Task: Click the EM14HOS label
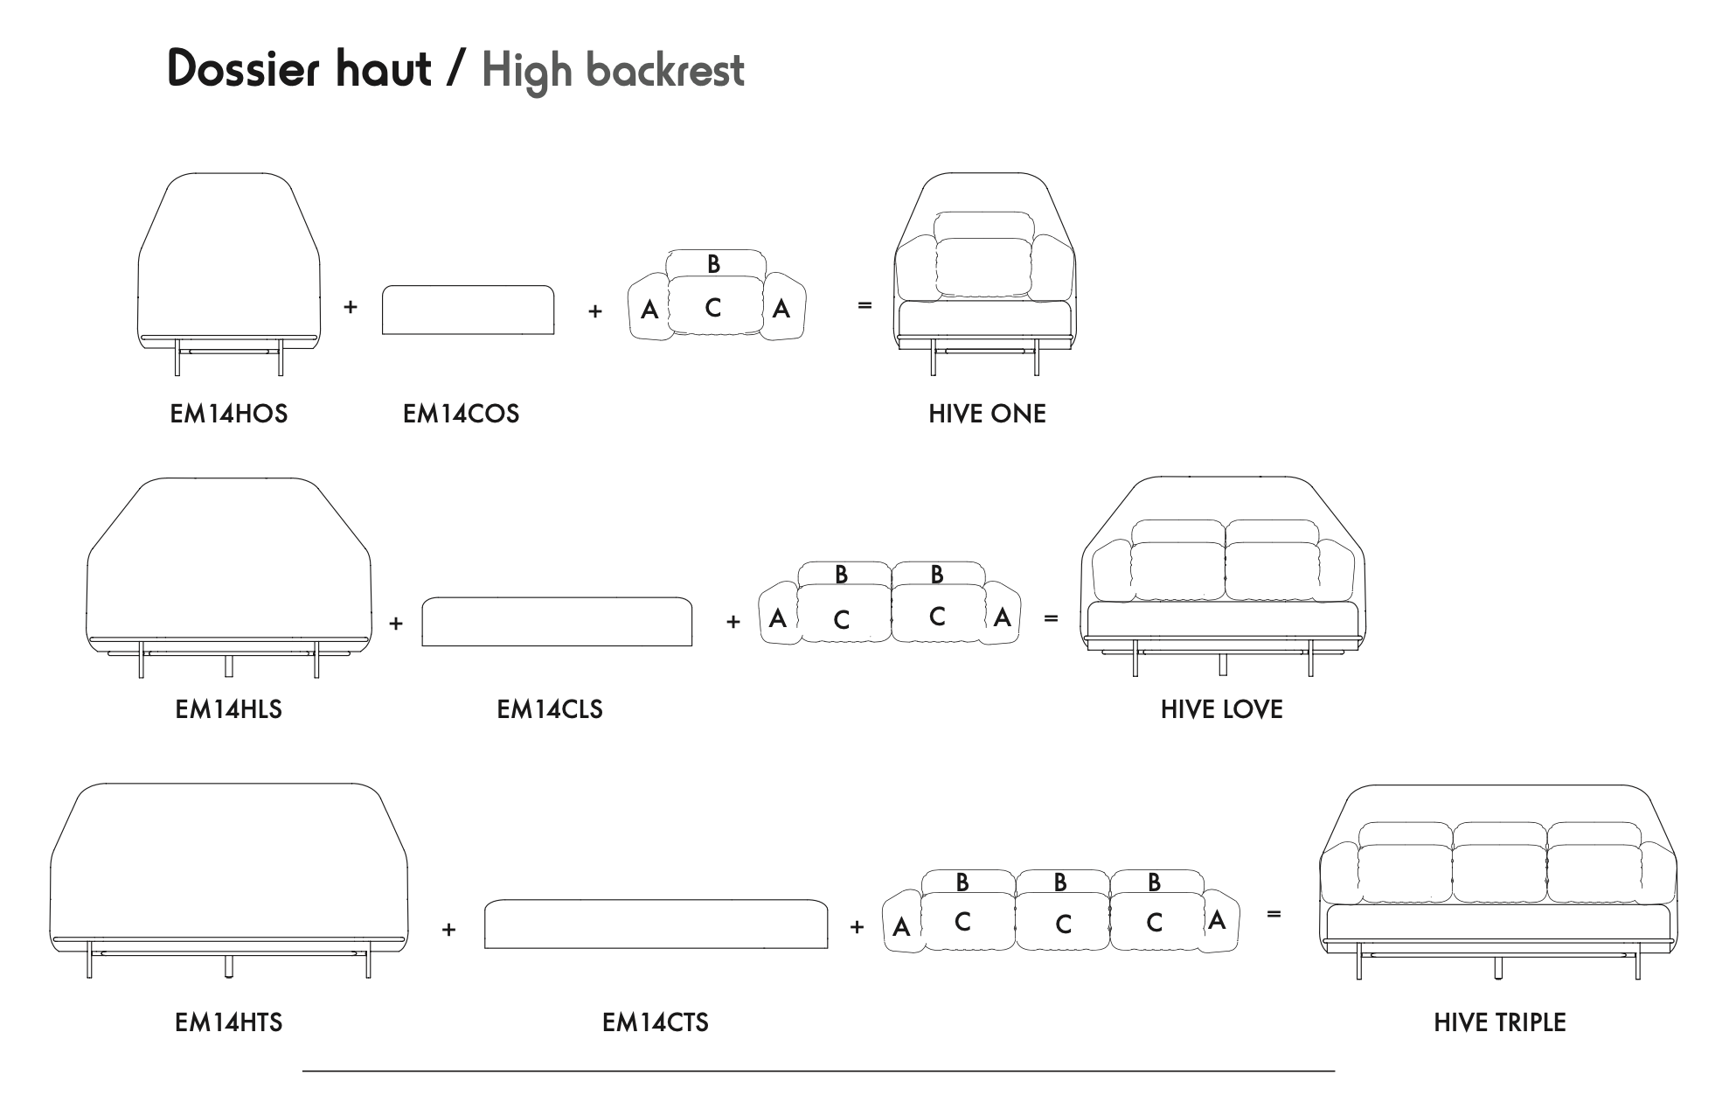pyautogui.click(x=228, y=414)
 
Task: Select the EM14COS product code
pyautogui.click(x=461, y=414)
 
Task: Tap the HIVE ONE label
pyautogui.click(x=987, y=414)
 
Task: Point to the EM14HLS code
pyautogui.click(x=228, y=709)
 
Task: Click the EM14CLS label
pyautogui.click(x=549, y=709)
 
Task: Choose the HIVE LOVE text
pyautogui.click(x=1221, y=709)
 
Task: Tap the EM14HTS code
pyautogui.click(x=228, y=1022)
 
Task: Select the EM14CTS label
pyautogui.click(x=655, y=1022)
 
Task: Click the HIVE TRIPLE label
pyautogui.click(x=1499, y=1022)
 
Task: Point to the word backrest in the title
pyautogui.click(x=665, y=71)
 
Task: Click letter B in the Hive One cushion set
pyautogui.click(x=713, y=263)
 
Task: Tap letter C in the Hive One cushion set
pyautogui.click(x=713, y=308)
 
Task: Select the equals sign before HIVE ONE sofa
pyautogui.click(x=865, y=305)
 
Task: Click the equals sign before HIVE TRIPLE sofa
pyautogui.click(x=1274, y=914)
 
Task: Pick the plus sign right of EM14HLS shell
pyautogui.click(x=396, y=624)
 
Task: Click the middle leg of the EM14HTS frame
pyautogui.click(x=229, y=966)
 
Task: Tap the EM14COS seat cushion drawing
pyautogui.click(x=468, y=310)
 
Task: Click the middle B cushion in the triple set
pyautogui.click(x=1060, y=882)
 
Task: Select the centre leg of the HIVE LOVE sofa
pyautogui.click(x=1222, y=665)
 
